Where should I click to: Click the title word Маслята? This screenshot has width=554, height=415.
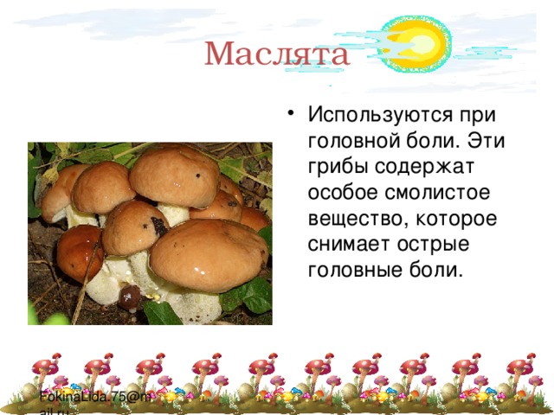pos(277,54)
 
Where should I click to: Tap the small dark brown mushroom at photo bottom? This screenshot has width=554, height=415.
pos(129,298)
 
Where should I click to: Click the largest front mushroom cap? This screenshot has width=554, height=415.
pos(208,253)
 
